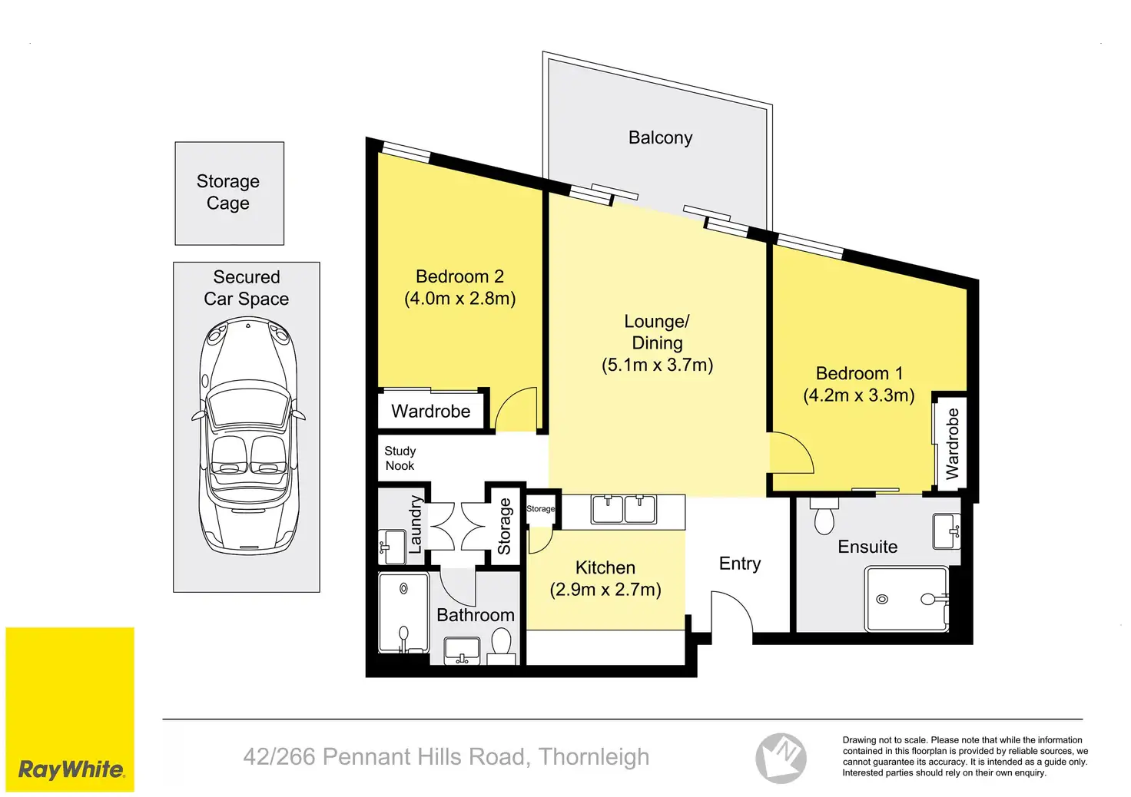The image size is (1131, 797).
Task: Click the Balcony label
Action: click(660, 137)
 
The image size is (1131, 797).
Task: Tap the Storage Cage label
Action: click(228, 192)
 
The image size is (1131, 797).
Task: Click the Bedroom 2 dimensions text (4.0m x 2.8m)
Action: click(460, 299)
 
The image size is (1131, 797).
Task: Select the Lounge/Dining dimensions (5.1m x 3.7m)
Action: click(658, 365)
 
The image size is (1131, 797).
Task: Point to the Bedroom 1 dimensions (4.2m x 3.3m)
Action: click(859, 395)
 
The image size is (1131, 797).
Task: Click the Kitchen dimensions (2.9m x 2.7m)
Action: click(605, 590)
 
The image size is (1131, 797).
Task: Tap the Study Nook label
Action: click(400, 458)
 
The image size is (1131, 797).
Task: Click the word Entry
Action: click(740, 564)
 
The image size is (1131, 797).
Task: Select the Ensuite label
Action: click(867, 547)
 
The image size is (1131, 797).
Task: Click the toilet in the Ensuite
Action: click(824, 516)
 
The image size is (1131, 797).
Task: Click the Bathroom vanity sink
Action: click(462, 650)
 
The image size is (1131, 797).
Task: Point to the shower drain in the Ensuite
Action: click(882, 599)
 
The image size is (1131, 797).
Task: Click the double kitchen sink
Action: click(624, 509)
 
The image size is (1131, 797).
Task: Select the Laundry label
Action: click(415, 524)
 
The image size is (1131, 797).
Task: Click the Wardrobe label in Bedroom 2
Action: click(431, 411)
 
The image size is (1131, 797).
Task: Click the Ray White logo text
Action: click(71, 770)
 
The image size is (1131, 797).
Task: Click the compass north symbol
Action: click(781, 758)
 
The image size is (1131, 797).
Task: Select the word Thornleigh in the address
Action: click(594, 756)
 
